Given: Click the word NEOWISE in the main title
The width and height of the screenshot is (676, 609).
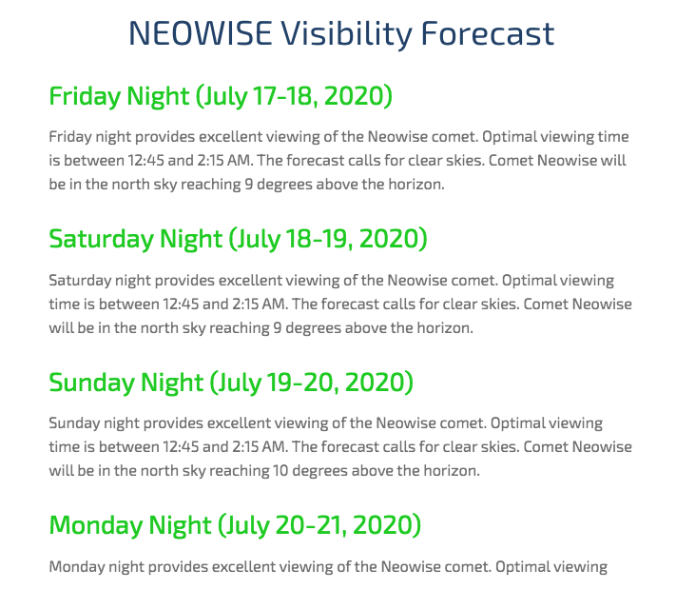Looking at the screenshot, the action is pyautogui.click(x=201, y=33).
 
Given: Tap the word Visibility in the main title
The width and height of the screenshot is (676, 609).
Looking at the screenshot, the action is pyautogui.click(x=347, y=34).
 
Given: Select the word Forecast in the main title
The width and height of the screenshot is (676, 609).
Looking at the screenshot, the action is pyautogui.click(x=488, y=33).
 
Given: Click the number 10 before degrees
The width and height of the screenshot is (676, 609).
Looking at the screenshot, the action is pyautogui.click(x=280, y=470).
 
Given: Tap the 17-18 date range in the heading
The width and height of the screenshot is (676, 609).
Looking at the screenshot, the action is pyautogui.click(x=285, y=96).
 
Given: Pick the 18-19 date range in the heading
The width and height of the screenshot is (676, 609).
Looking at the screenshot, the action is pyautogui.click(x=319, y=239).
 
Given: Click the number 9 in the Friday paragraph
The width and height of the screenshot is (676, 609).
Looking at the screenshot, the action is pyautogui.click(x=249, y=185).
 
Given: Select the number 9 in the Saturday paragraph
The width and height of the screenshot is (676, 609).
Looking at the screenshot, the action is pyautogui.click(x=278, y=328).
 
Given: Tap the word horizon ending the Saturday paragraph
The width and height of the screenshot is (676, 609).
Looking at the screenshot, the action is pyautogui.click(x=445, y=328).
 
